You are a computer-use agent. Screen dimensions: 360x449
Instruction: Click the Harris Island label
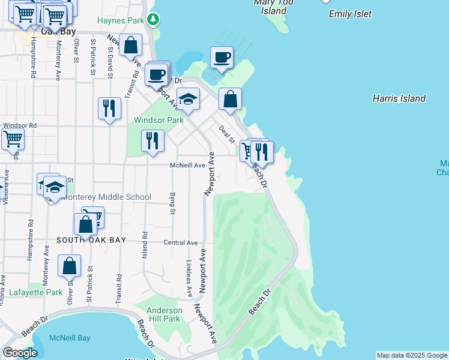[x=399, y=98]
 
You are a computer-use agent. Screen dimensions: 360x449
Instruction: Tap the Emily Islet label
[x=351, y=14]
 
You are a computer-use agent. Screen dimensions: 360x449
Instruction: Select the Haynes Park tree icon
[x=154, y=20]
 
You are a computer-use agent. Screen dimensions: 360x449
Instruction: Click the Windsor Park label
[x=158, y=120]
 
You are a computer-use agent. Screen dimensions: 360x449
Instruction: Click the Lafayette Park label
[x=36, y=293]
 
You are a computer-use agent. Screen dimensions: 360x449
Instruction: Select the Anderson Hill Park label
[x=164, y=314]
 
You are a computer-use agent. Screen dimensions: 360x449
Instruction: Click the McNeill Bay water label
[x=70, y=338]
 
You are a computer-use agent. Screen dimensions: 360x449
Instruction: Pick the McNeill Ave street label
[x=187, y=165]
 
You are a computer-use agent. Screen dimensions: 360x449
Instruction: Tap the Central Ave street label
[x=181, y=243]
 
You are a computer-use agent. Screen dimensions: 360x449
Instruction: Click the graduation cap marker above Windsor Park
[x=188, y=100]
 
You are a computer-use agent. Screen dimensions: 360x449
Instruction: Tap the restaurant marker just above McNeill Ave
[x=152, y=141]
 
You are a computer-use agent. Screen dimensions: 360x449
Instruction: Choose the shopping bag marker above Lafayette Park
[x=69, y=266]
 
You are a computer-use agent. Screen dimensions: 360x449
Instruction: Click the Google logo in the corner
[x=20, y=353]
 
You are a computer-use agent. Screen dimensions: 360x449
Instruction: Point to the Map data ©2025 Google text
[x=412, y=355]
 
